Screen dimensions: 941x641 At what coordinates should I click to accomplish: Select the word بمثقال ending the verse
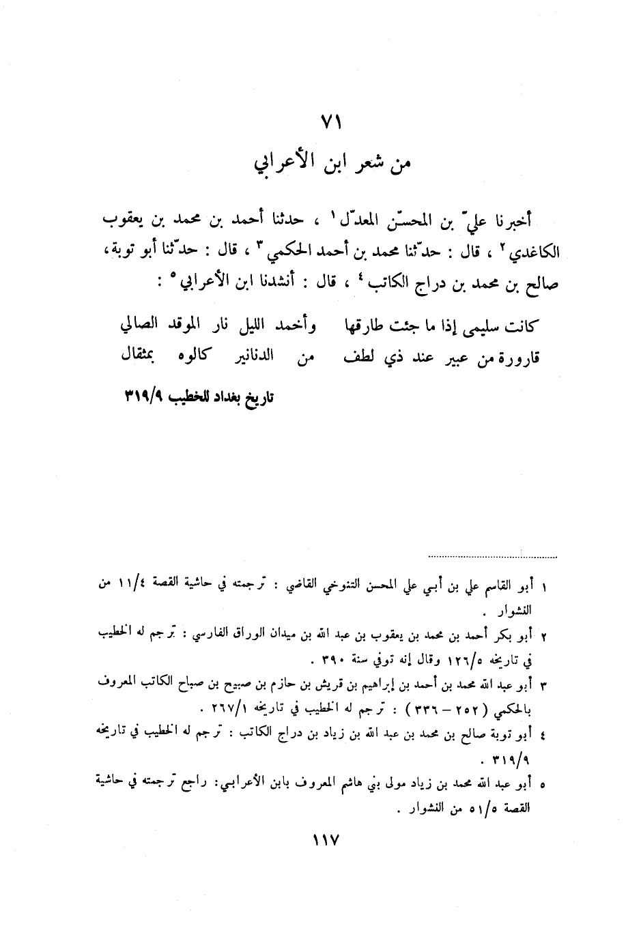[139, 356]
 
